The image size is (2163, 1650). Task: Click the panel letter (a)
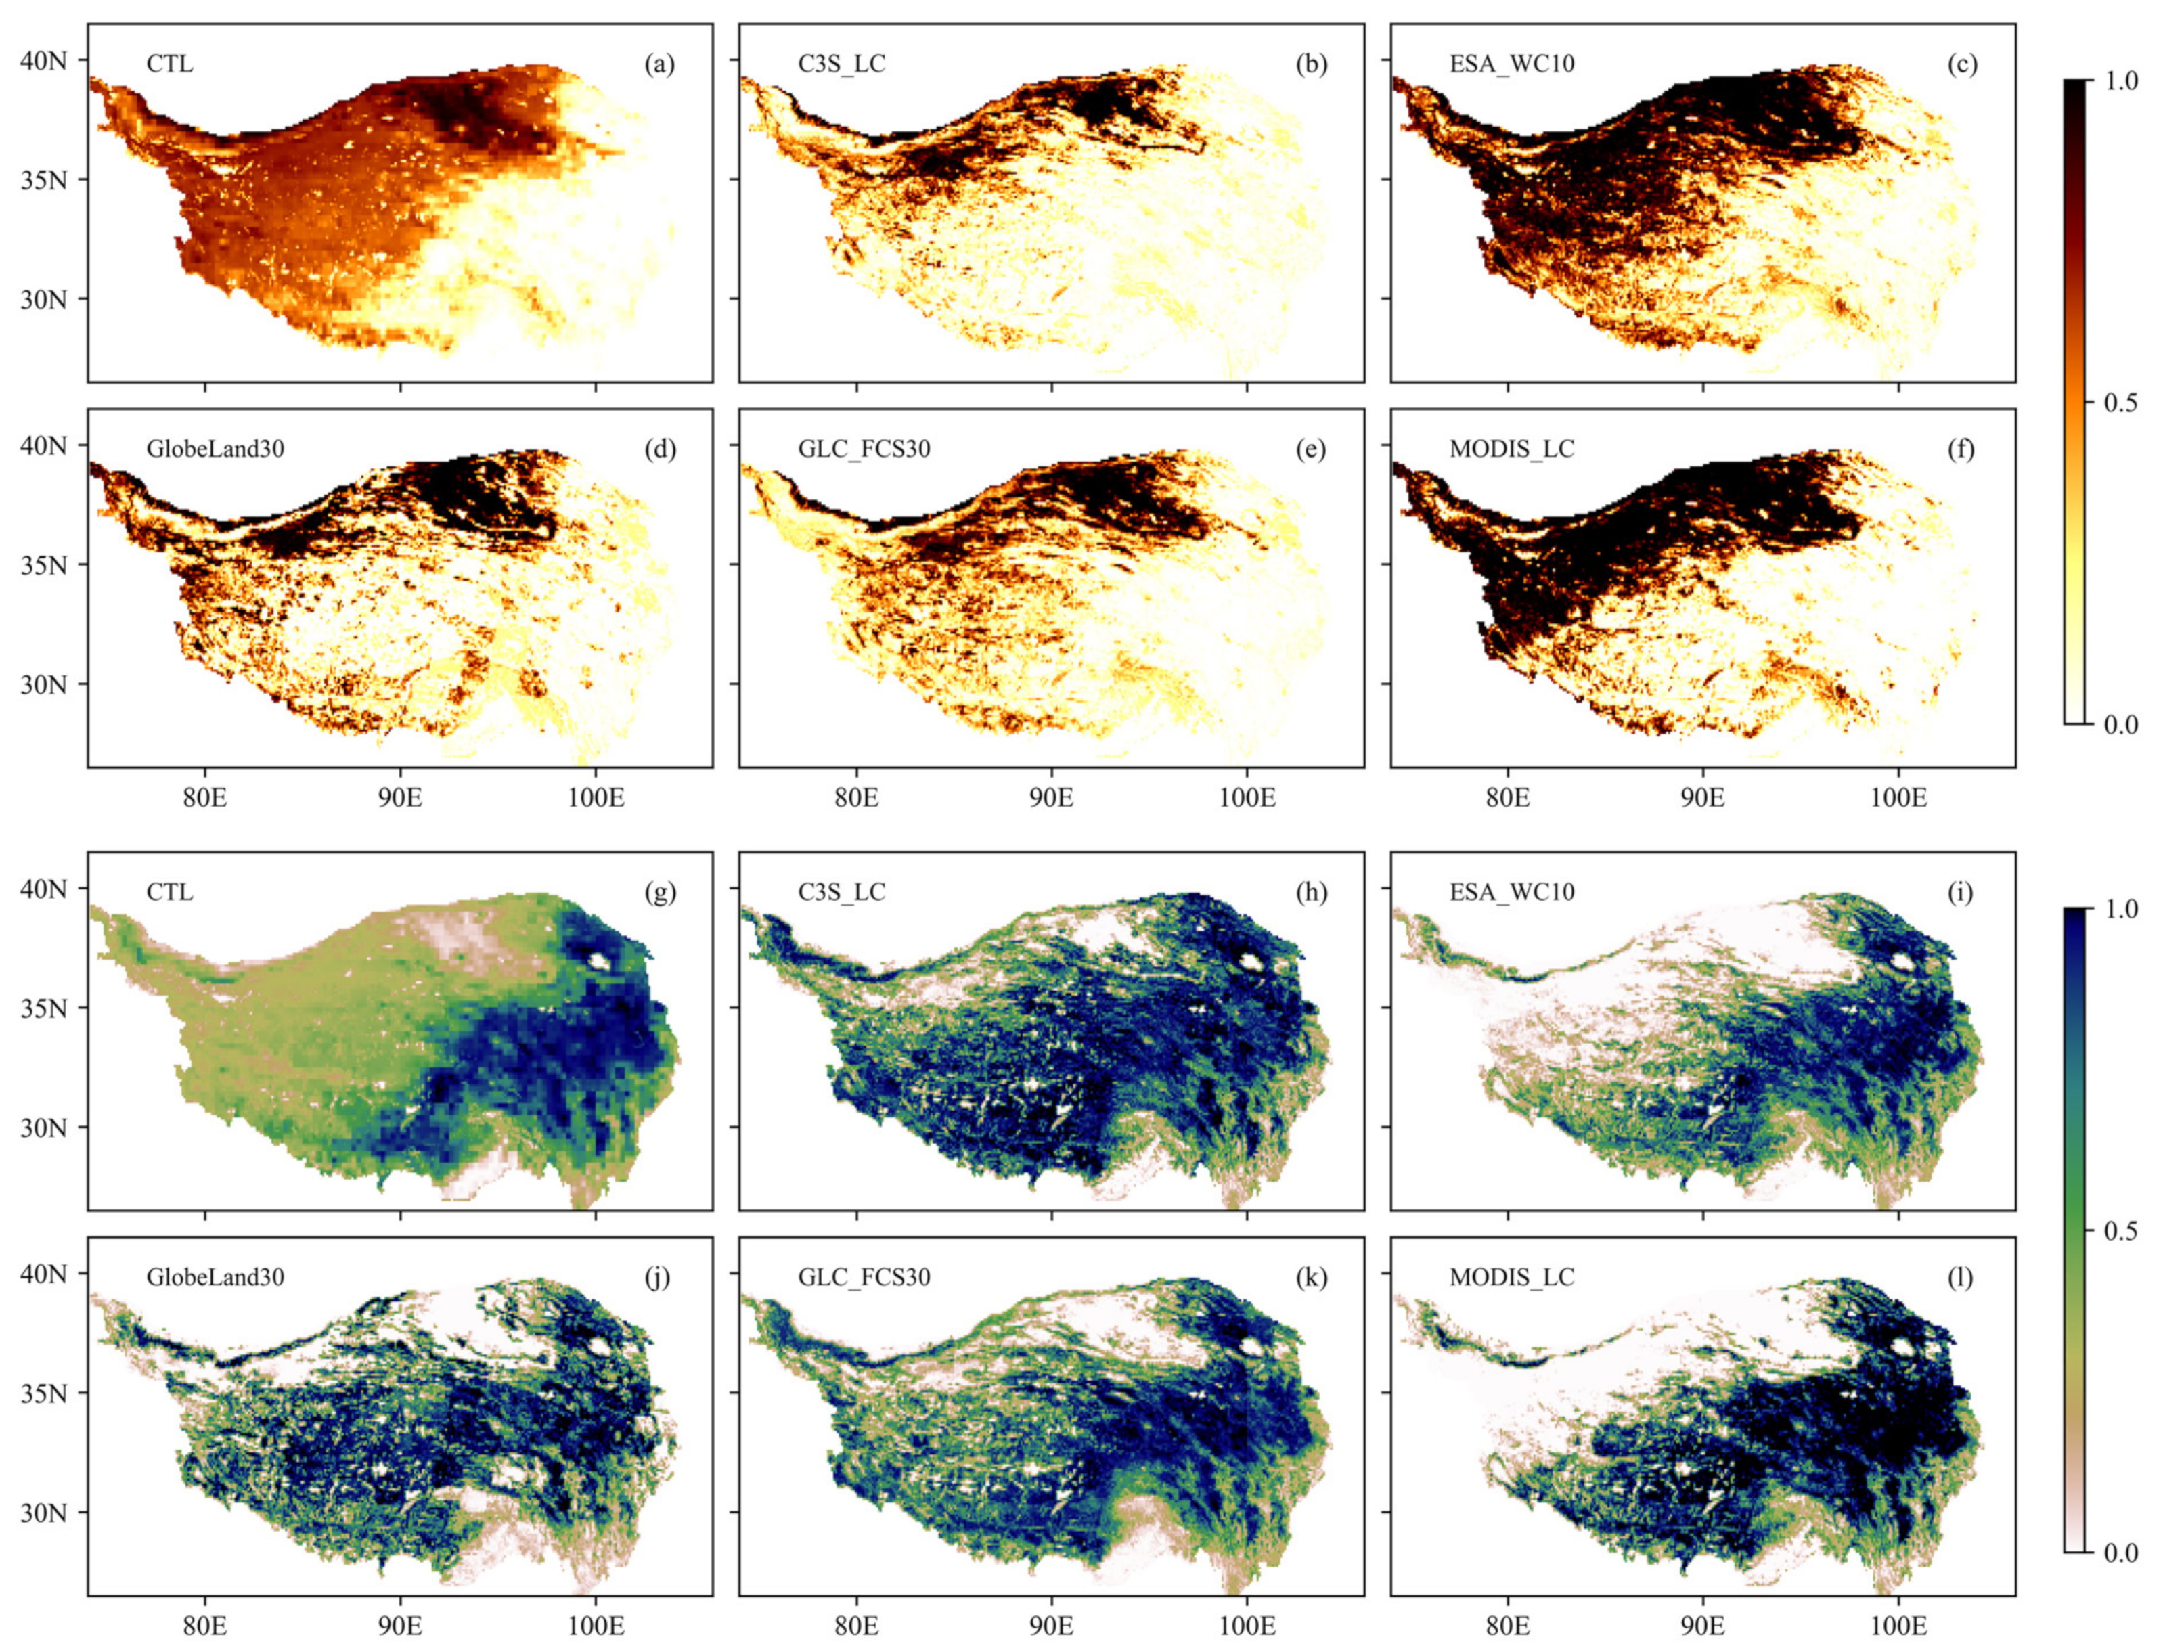pos(659,65)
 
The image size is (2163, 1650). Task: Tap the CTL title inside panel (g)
pos(170,892)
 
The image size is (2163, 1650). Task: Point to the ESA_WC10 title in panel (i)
pos(1512,892)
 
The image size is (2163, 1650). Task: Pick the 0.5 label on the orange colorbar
pos(2115,403)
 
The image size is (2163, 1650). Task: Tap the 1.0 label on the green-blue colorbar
pos(2115,908)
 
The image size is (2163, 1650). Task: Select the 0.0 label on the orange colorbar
pos(2115,726)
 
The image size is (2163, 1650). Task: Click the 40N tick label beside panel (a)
pos(44,61)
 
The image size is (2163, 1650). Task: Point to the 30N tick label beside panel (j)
pos(44,1513)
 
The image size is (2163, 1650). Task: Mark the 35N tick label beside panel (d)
pos(44,564)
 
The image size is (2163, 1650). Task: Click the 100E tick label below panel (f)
pos(1898,797)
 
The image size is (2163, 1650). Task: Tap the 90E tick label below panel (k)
pos(1051,1626)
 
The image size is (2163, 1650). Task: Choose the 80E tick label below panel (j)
pos(204,1626)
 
